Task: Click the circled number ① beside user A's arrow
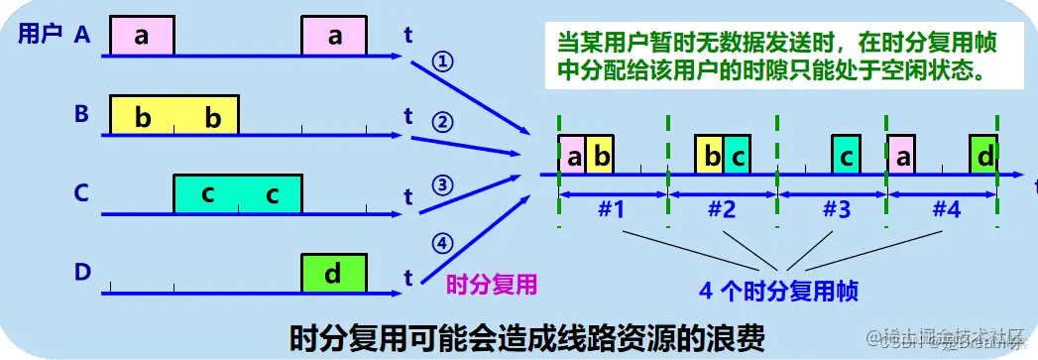tap(443, 61)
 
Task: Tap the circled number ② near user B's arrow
tap(443, 123)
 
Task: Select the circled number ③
tap(443, 183)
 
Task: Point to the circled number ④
tap(443, 244)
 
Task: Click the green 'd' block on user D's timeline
tap(334, 273)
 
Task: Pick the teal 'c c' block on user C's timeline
tap(238, 193)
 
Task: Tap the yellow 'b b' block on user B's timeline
tap(174, 115)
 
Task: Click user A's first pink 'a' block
tap(142, 37)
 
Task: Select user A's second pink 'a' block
tap(334, 37)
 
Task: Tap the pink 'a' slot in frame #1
tap(572, 156)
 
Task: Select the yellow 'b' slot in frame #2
tap(709, 156)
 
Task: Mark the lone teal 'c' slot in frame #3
tap(846, 156)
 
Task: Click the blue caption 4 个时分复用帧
tap(778, 293)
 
